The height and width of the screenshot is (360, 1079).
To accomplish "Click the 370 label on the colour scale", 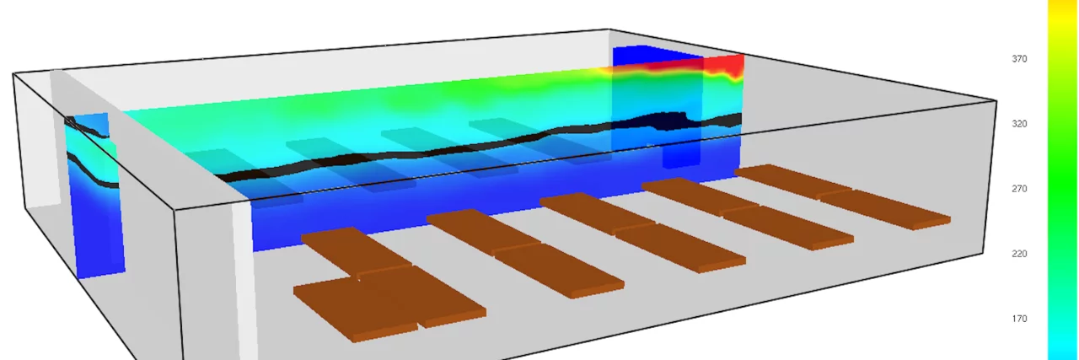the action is point(1019,59).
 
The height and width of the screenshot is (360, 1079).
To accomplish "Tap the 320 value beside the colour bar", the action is point(1019,124).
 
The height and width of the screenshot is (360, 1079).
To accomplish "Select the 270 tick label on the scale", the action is point(1019,189).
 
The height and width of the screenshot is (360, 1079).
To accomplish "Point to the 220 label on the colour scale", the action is point(1019,254).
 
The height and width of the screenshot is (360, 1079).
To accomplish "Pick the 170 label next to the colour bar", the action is point(1019,319).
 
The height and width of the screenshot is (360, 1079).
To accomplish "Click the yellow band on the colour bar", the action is point(1063,13).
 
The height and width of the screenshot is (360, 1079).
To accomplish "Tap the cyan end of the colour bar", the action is point(1063,345).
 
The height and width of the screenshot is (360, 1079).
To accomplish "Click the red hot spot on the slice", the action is point(722,66).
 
